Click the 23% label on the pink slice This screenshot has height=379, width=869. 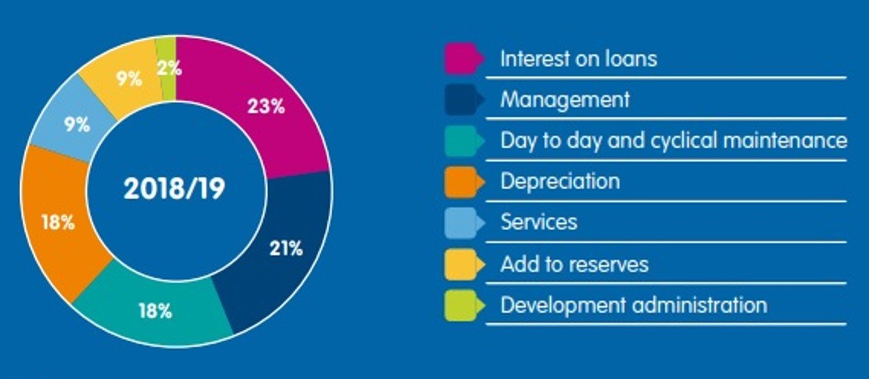pos(266,107)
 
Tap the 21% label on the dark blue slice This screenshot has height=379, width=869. pos(286,249)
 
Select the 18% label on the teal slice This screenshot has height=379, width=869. pos(155,310)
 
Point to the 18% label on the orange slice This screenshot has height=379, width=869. pos(58,224)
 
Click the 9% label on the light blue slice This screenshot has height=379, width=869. pos(77,125)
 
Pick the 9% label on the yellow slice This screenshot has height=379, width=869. pos(129,78)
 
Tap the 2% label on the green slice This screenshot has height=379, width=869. pos(169,68)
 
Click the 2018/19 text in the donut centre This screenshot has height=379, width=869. pos(175,189)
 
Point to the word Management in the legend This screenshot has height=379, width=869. pos(565,100)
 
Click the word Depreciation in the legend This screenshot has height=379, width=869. pos(560,182)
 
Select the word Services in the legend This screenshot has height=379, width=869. pos(539,223)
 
